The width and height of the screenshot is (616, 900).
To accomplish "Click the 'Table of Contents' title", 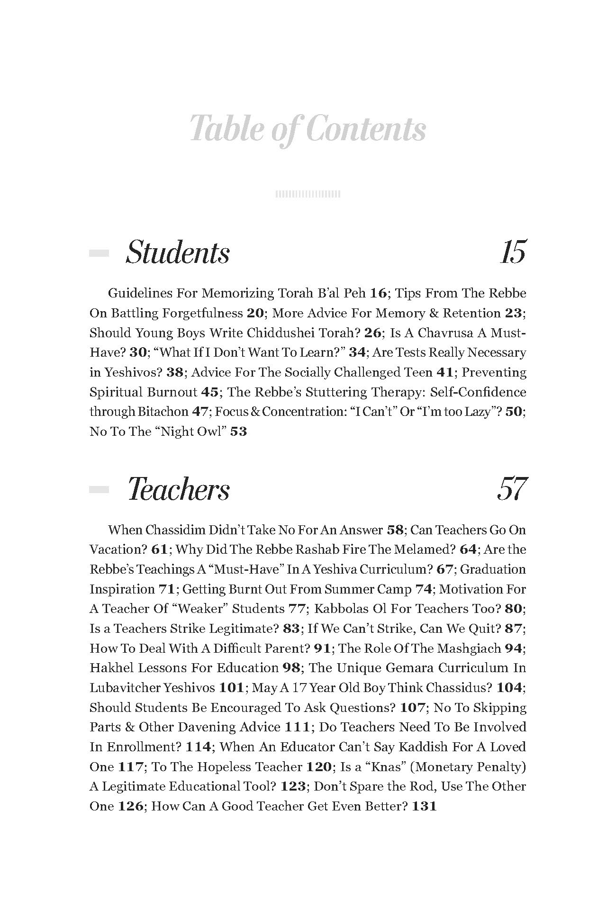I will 308,129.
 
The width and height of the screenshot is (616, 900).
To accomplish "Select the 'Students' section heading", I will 178,252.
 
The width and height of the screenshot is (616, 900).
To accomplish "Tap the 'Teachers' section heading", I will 179,489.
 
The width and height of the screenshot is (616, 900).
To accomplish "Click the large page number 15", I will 513,252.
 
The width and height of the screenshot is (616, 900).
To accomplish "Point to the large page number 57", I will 512,489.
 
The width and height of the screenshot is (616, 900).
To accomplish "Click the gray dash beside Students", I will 99,253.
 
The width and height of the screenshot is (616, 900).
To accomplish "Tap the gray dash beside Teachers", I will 99,490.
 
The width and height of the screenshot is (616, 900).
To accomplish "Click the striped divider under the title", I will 308,194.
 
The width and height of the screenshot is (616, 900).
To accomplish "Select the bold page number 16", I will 379,293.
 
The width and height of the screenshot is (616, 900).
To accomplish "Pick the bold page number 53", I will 238,432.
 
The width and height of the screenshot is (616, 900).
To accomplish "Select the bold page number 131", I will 424,806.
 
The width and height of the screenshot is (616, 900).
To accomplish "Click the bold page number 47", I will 199,412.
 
